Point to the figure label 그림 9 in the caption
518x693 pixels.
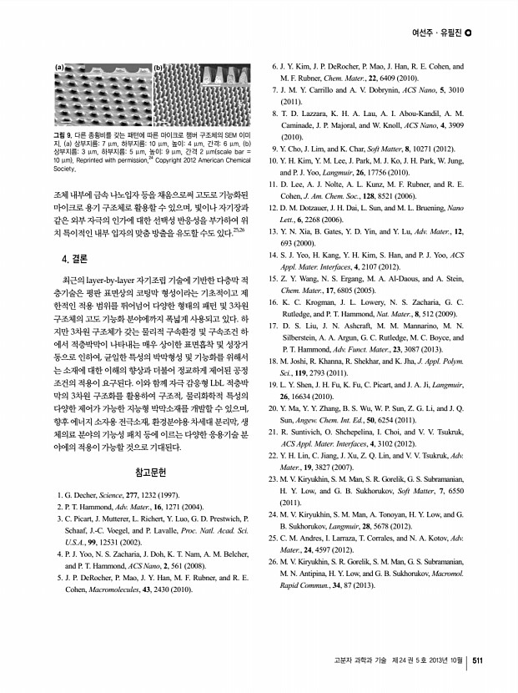63,134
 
